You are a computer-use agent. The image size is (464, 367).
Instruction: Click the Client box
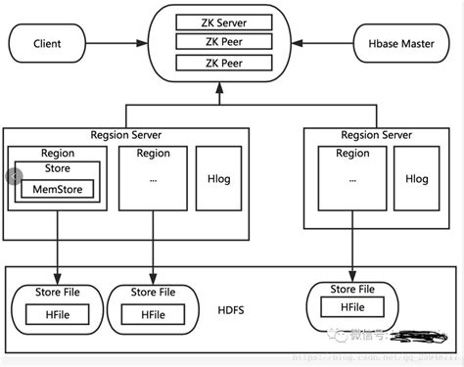click(x=47, y=43)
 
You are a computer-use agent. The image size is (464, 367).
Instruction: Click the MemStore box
click(x=57, y=189)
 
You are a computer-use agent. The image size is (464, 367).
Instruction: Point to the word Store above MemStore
click(x=57, y=168)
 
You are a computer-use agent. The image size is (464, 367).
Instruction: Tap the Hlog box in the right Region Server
click(x=416, y=179)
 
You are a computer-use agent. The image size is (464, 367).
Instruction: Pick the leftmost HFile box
click(x=55, y=314)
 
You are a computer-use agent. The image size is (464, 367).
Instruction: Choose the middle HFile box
click(x=152, y=314)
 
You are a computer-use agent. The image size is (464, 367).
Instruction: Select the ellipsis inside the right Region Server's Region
click(x=350, y=180)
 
